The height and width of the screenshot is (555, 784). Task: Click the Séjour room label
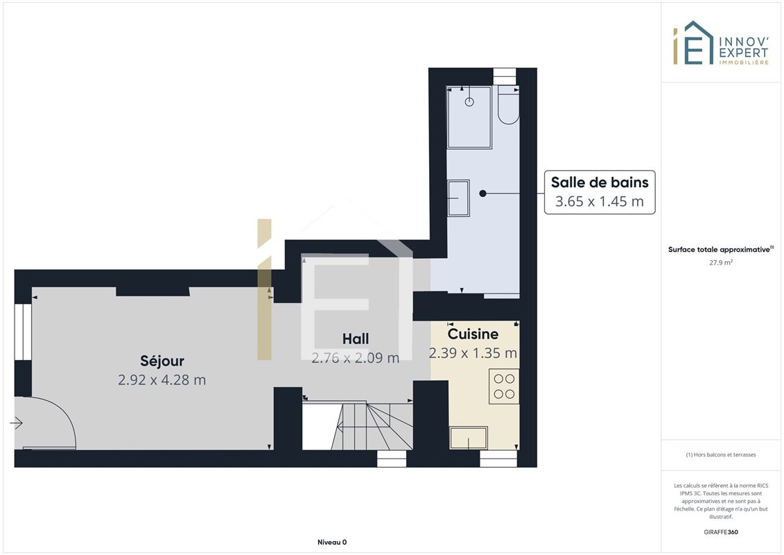[x=162, y=361]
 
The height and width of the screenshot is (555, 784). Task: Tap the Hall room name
[x=356, y=339]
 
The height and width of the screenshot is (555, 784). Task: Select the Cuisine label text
[x=473, y=334]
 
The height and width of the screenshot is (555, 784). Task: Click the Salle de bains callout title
[x=600, y=182]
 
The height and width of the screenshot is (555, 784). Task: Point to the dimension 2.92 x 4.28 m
[x=162, y=380]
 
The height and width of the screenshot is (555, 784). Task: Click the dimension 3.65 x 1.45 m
[x=600, y=201]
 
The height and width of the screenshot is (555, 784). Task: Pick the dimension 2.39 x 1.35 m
[x=473, y=353]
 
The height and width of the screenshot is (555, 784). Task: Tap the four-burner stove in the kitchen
[x=504, y=386]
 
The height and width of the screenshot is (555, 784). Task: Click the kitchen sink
[x=469, y=438]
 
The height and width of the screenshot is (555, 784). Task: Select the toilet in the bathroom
[x=509, y=105]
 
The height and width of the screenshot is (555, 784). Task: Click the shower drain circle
[x=469, y=101]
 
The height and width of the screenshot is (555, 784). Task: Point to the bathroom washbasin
[x=458, y=198]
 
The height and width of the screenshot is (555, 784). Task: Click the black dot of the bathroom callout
[x=482, y=193]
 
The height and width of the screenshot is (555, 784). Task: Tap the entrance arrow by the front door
[x=16, y=423]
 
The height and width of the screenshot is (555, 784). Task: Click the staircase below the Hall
[x=358, y=426]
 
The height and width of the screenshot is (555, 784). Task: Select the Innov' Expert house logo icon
[x=693, y=43]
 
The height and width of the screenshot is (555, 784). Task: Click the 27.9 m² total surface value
[x=720, y=262]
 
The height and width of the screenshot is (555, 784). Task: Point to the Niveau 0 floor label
[x=332, y=542]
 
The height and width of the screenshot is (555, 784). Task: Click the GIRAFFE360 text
[x=720, y=532]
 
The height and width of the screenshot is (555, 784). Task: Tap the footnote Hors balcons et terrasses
[x=720, y=455]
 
